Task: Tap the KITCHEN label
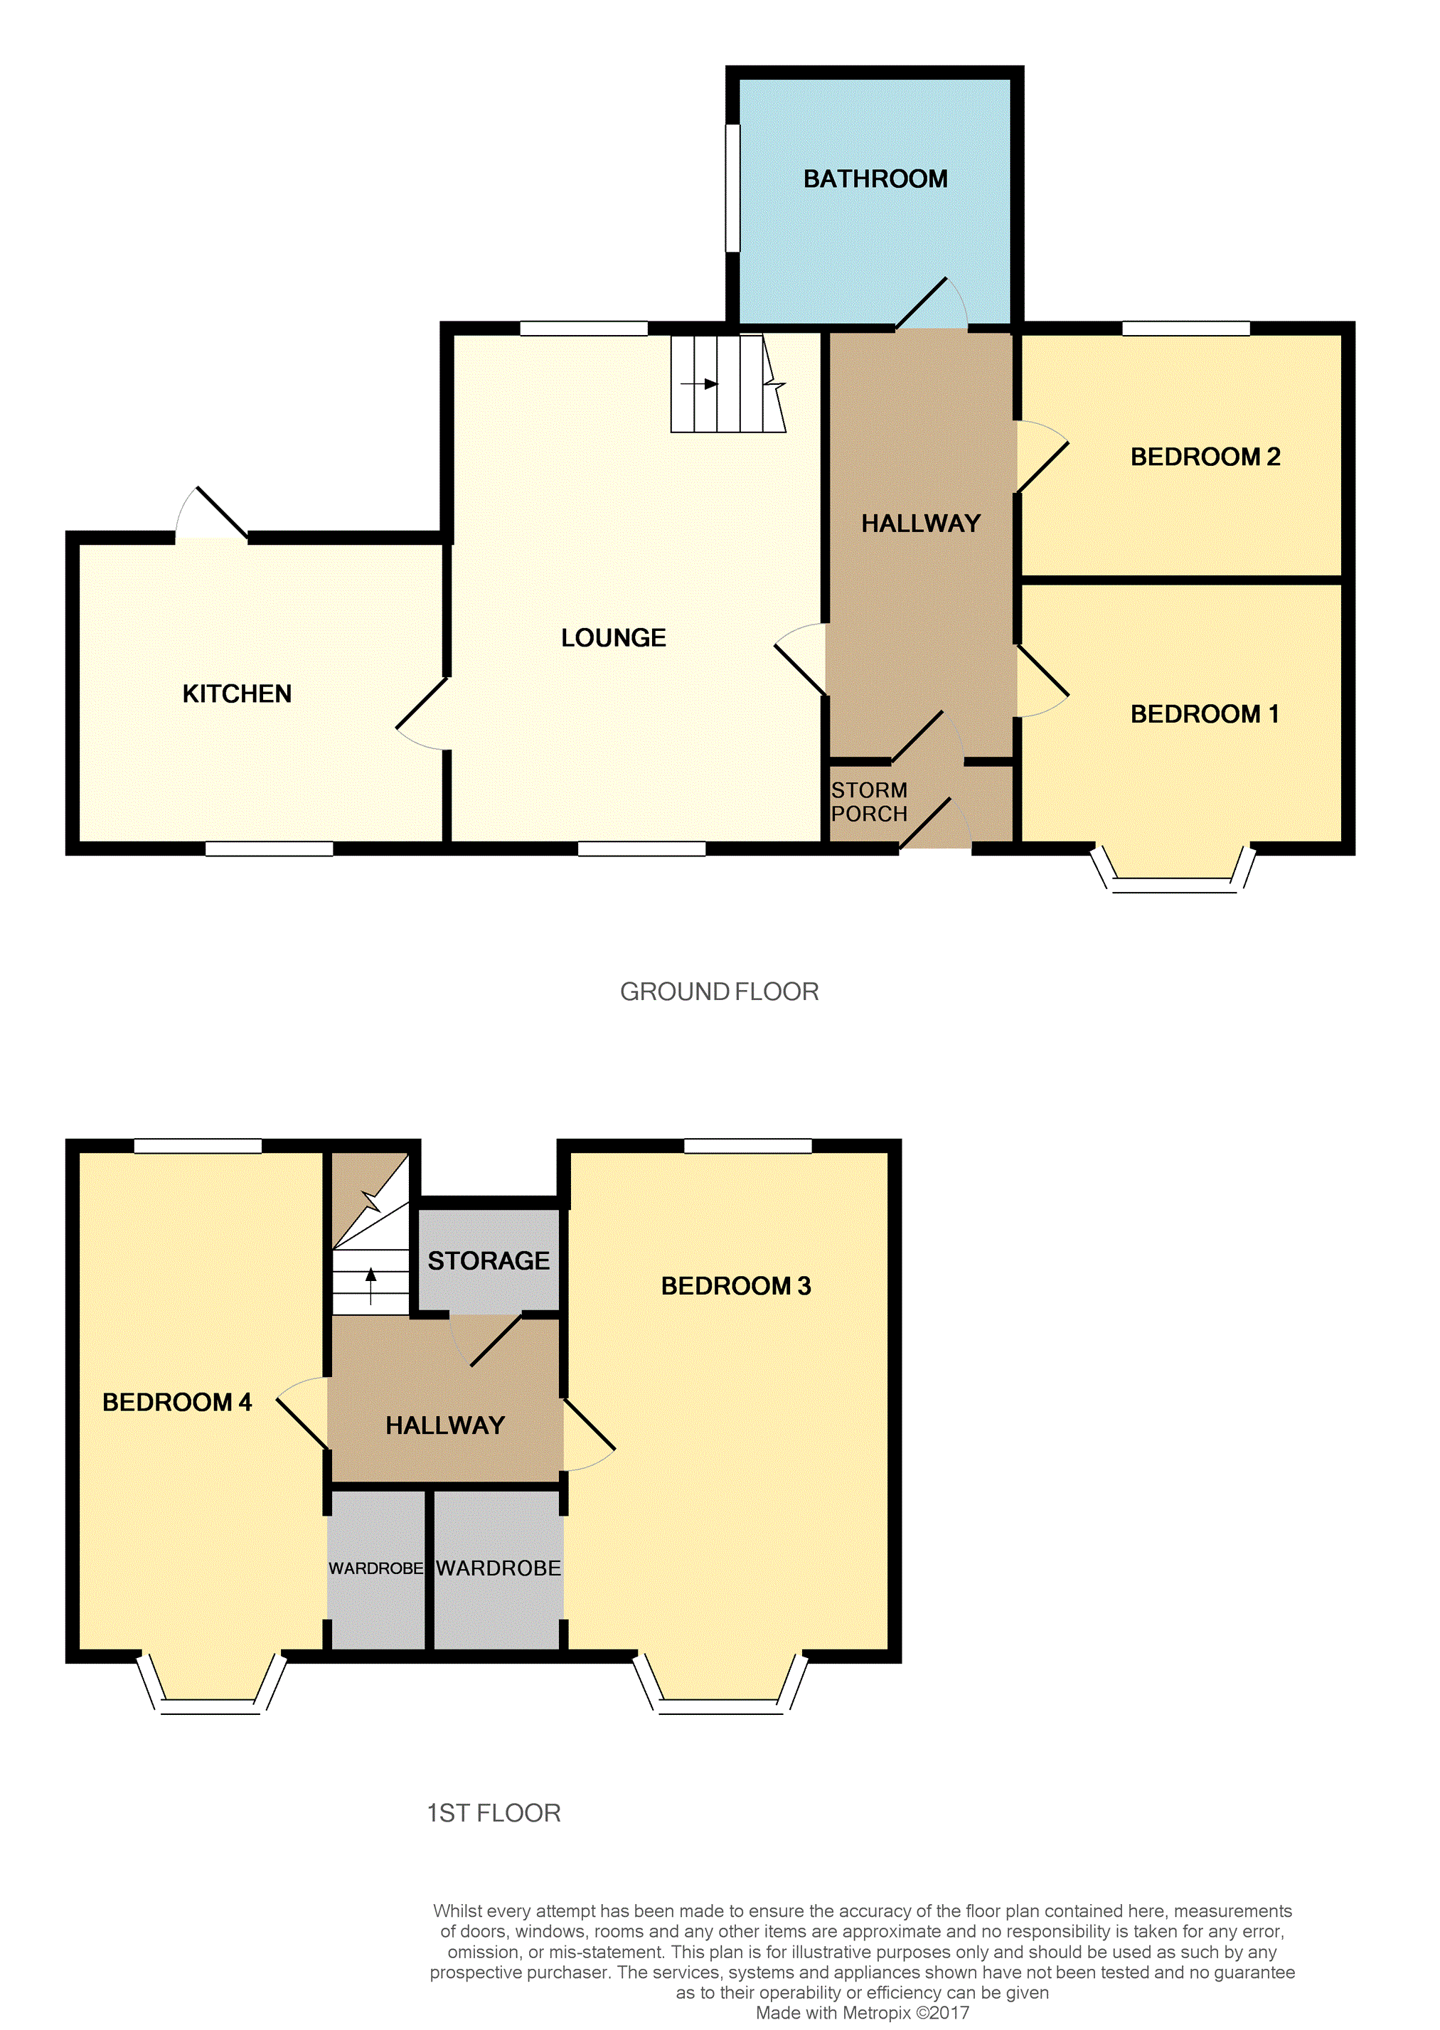pos(237,694)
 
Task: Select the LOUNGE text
pos(613,637)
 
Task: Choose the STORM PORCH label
pos(869,802)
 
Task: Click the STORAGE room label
pos(489,1260)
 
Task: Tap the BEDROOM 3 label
pos(735,1286)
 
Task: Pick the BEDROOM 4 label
pos(176,1402)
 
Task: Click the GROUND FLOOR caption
pos(719,992)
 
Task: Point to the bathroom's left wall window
pos(732,188)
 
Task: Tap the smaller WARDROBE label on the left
pos(376,1568)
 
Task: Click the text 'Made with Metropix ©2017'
pos(862,2012)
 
